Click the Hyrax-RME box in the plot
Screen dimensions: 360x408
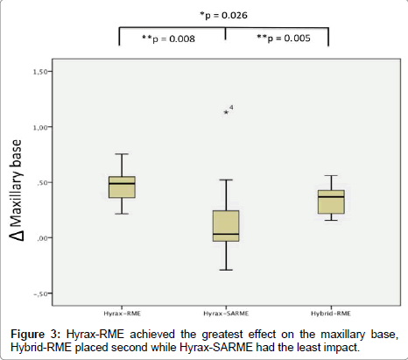[x=122, y=187]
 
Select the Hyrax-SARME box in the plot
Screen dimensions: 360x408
[x=226, y=225]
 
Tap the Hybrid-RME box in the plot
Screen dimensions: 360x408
[x=330, y=201]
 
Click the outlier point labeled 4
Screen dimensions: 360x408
[x=226, y=112]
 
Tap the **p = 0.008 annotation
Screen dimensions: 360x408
[x=169, y=39]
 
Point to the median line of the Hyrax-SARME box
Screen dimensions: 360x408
[x=226, y=234]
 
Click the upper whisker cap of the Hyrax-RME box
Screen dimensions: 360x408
[x=122, y=154]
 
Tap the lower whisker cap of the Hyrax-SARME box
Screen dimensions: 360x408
[x=226, y=270]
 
